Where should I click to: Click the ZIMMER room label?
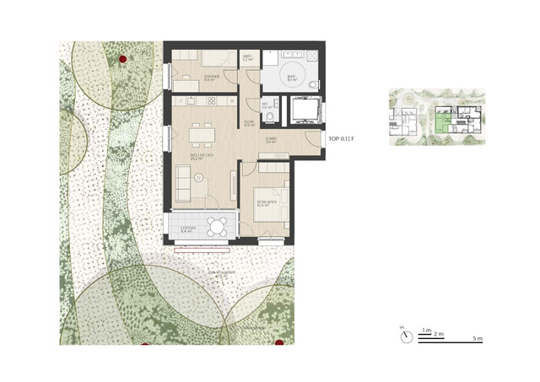click(211, 77)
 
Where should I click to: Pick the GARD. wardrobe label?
click(271, 141)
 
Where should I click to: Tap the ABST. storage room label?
click(248, 58)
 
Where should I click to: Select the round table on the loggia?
click(218, 226)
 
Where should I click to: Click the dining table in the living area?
click(201, 133)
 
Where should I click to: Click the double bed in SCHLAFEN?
click(273, 196)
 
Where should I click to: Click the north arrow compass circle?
click(408, 336)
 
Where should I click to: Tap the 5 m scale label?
click(478, 339)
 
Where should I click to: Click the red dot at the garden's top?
click(123, 59)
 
